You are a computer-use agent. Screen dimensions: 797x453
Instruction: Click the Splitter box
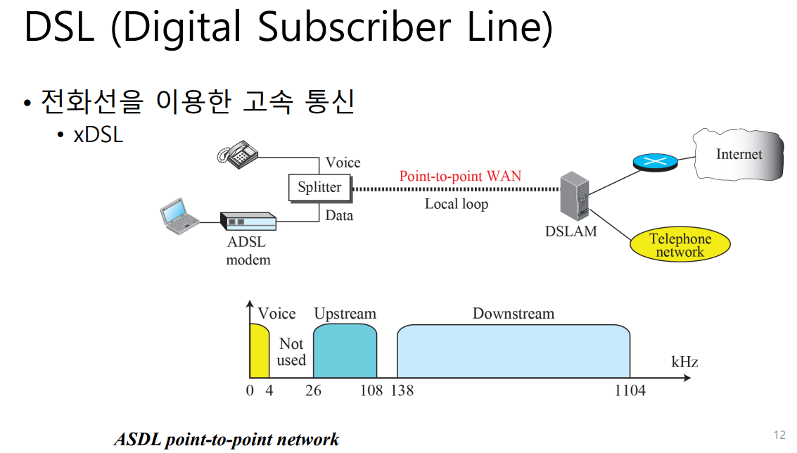tap(319, 188)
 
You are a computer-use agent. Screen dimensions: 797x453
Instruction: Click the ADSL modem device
tap(248, 222)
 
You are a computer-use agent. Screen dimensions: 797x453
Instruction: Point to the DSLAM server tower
tap(573, 197)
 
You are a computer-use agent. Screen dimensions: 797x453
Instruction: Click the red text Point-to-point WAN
tap(460, 176)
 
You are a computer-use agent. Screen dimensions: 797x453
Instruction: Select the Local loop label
tap(456, 204)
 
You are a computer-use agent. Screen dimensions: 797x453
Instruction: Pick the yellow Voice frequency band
tap(259, 351)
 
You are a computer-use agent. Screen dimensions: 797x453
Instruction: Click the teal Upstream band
tap(345, 351)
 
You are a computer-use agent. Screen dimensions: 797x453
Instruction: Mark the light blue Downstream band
tap(513, 351)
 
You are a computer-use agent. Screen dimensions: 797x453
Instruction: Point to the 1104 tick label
tap(630, 390)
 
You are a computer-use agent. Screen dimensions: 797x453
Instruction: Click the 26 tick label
tap(314, 390)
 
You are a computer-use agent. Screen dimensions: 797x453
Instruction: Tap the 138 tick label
tap(402, 390)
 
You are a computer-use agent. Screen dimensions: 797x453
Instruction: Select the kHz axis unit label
tap(684, 362)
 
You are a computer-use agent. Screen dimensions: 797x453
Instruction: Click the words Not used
tap(291, 352)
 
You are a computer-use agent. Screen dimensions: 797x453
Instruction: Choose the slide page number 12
tap(779, 435)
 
